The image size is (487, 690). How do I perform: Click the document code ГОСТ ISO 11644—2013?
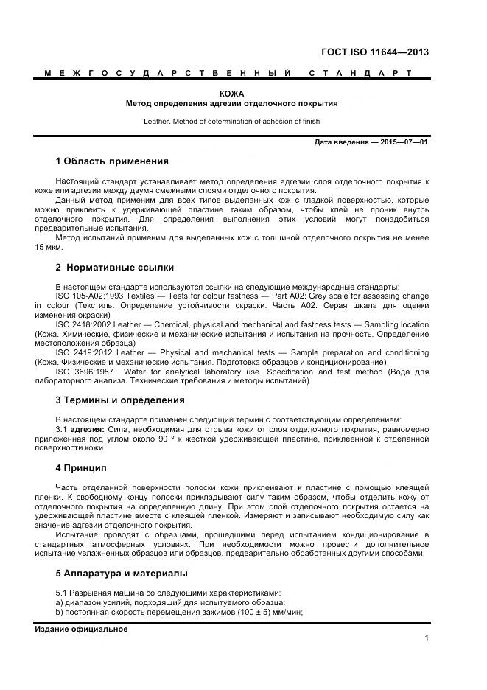pyautogui.click(x=374, y=52)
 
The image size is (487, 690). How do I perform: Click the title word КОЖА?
pyautogui.click(x=231, y=94)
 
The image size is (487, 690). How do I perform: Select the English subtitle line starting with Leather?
pyautogui.click(x=231, y=121)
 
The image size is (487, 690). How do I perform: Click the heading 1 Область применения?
pyautogui.click(x=112, y=161)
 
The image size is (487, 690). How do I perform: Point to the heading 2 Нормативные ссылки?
pyautogui.click(x=115, y=268)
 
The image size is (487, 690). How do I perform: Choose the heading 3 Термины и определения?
pyautogui.click(x=120, y=400)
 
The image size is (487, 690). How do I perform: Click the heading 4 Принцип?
pyautogui.click(x=81, y=468)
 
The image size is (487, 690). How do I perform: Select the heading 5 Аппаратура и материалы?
pyautogui.click(x=122, y=573)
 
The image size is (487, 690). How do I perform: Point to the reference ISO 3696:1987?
pyautogui.click(x=83, y=372)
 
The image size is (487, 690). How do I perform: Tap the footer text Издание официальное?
pyautogui.click(x=81, y=629)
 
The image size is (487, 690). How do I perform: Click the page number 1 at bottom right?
pyautogui.click(x=427, y=638)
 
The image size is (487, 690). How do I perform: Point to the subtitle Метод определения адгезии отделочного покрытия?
pyautogui.click(x=231, y=104)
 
